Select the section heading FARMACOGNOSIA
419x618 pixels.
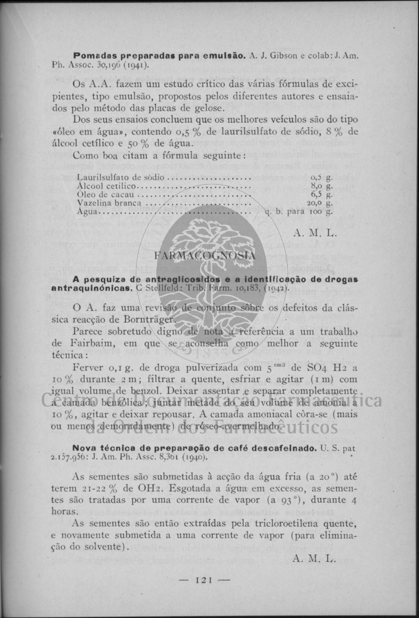(205, 255)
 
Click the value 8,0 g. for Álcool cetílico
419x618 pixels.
(322, 186)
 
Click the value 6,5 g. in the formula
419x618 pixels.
(322, 194)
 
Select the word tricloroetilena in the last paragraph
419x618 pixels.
(281, 522)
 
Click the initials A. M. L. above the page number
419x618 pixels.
(315, 558)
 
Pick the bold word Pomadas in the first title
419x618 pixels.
(92, 55)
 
